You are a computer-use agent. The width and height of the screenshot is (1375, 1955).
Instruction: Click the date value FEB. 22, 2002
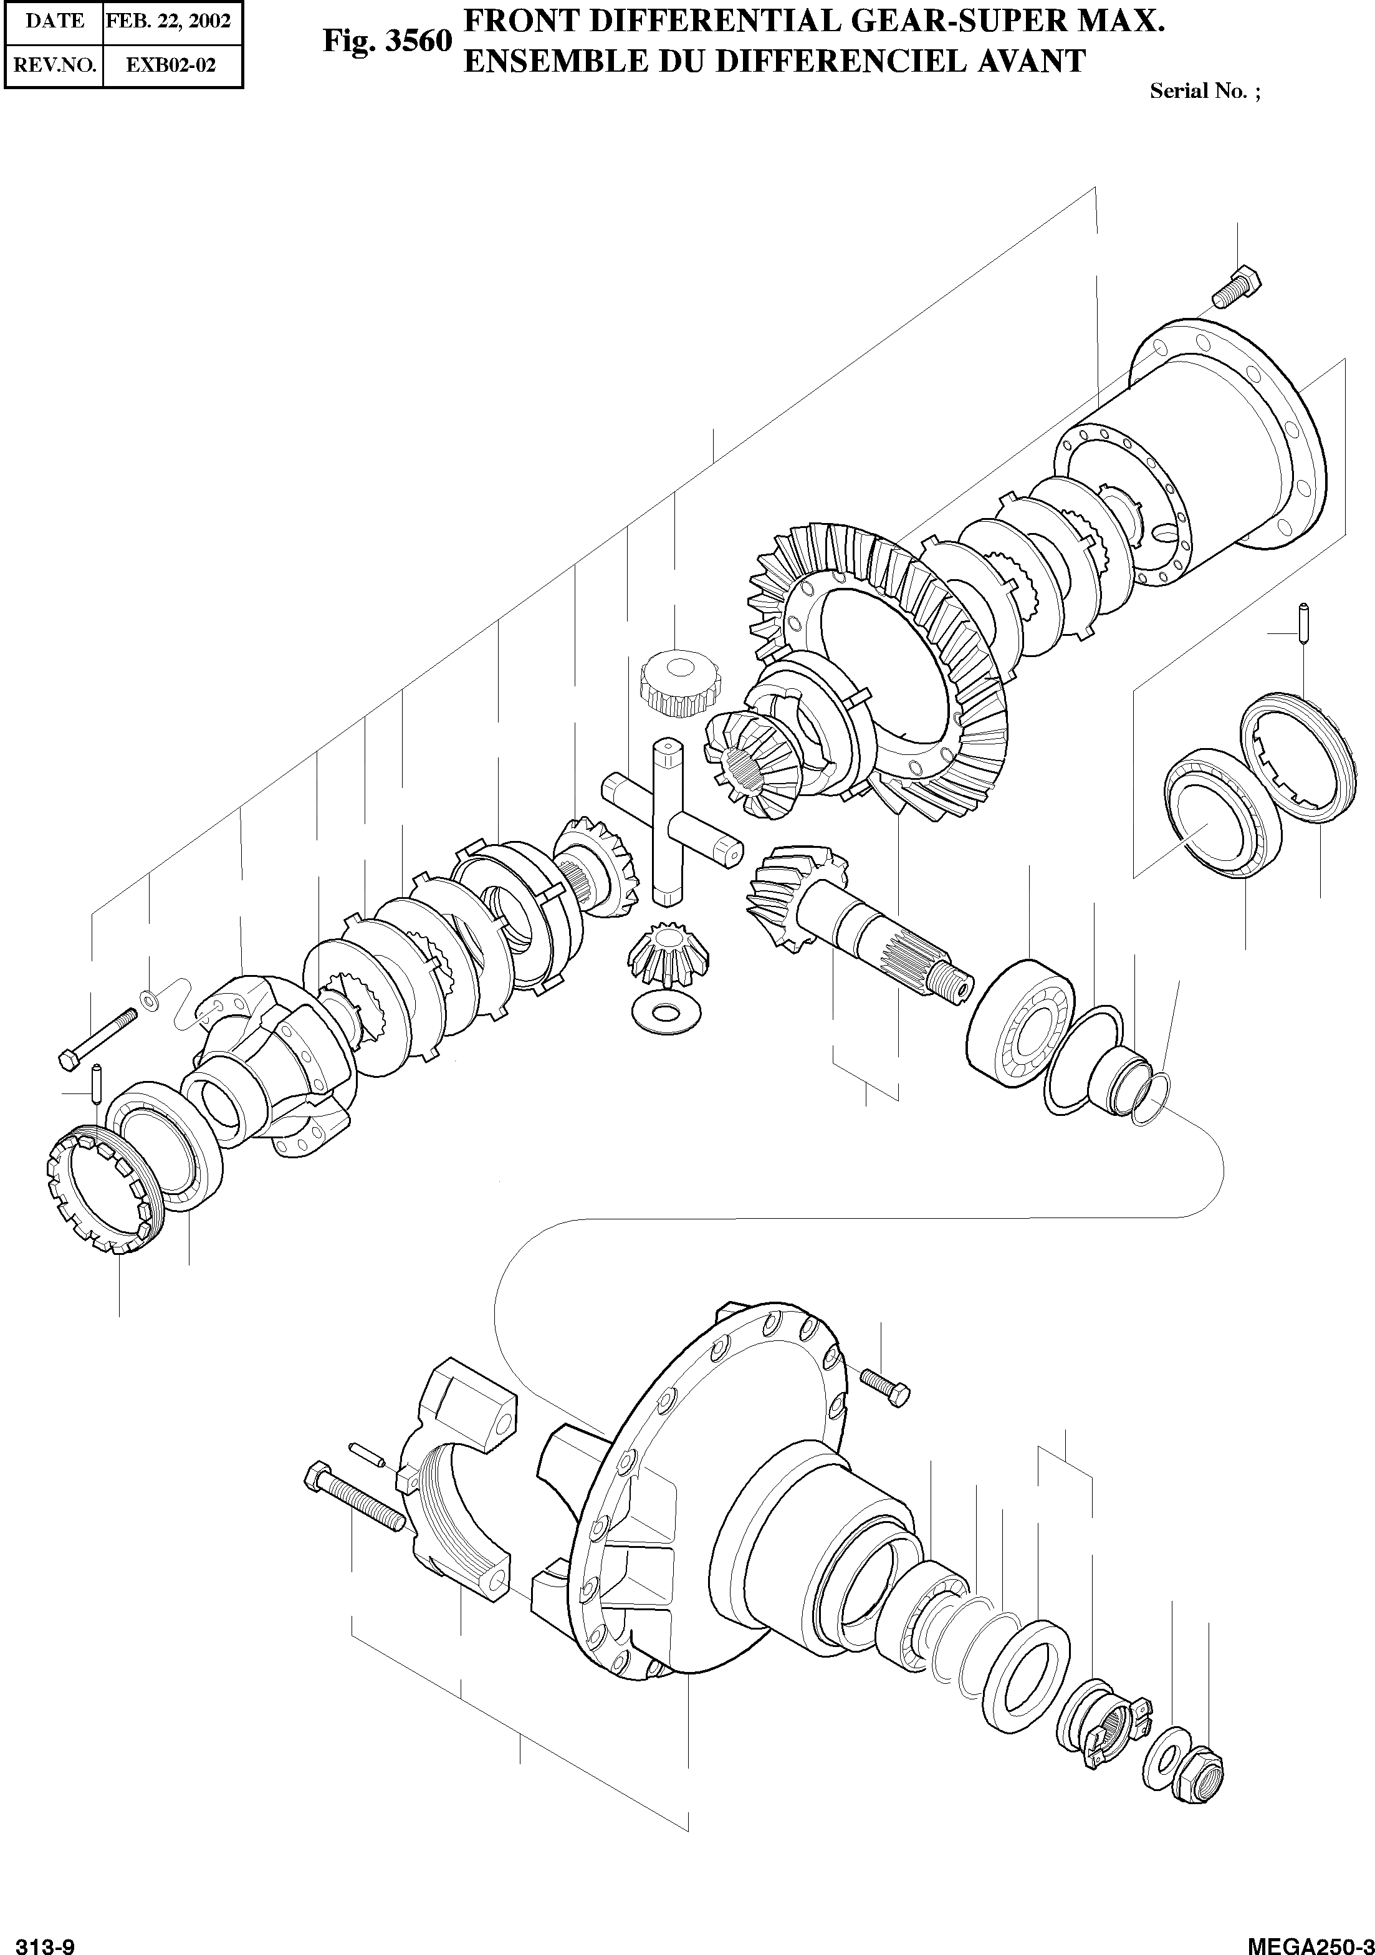(168, 21)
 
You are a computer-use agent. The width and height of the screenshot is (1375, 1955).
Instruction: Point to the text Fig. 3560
(386, 42)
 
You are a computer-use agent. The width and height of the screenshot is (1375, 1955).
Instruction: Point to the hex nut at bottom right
(1198, 1774)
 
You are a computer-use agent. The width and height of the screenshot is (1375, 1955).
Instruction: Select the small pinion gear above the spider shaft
(679, 680)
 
